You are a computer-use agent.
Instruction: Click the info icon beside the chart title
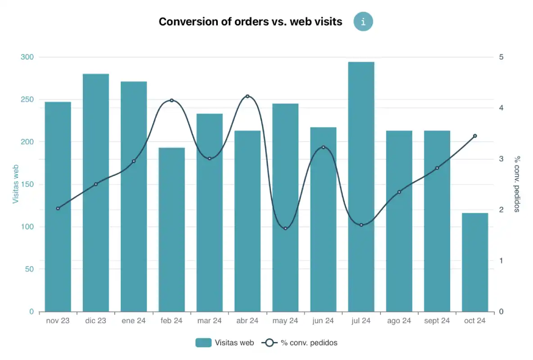pyautogui.click(x=363, y=22)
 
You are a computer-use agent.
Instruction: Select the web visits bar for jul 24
pyautogui.click(x=361, y=187)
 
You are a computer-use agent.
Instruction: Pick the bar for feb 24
pyautogui.click(x=172, y=229)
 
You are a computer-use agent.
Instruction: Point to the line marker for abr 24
pyautogui.click(x=248, y=96)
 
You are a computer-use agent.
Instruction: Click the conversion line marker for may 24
pyautogui.click(x=285, y=229)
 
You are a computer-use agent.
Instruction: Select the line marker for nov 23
pyautogui.click(x=58, y=208)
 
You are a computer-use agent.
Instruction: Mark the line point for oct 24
pyautogui.click(x=475, y=136)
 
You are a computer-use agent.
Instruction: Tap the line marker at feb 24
pyautogui.click(x=172, y=100)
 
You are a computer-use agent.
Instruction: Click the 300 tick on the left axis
pyautogui.click(x=27, y=57)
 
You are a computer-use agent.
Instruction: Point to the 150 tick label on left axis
pyautogui.click(x=27, y=184)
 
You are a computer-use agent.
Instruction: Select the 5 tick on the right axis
pyautogui.click(x=501, y=57)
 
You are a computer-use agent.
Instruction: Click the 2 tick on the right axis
pyautogui.click(x=501, y=210)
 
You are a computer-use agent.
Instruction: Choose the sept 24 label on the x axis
pyautogui.click(x=437, y=321)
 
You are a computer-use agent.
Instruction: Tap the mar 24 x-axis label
pyautogui.click(x=209, y=321)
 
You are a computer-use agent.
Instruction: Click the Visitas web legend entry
pyautogui.click(x=225, y=343)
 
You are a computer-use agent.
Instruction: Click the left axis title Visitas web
pyautogui.click(x=16, y=184)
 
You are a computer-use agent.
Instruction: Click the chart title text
pyautogui.click(x=250, y=22)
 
